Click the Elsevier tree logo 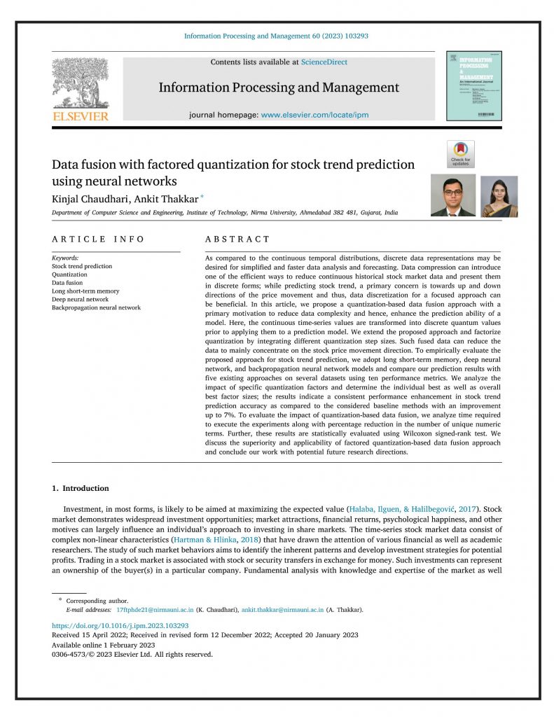tap(80, 83)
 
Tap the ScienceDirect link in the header tap(324, 62)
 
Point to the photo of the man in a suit tap(452, 195)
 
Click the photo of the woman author tap(499, 196)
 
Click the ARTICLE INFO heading tap(98, 239)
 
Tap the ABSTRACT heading tap(237, 239)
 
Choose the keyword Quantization tap(69, 274)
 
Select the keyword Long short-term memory tap(85, 291)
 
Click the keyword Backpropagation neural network tap(96, 307)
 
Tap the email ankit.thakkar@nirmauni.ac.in tap(282, 610)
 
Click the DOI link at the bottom tap(120, 625)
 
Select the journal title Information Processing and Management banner tap(279, 88)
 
